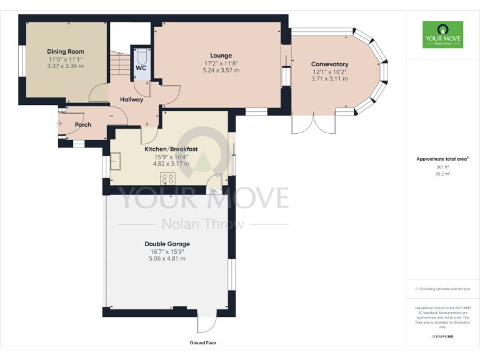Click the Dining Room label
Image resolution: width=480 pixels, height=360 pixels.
(x=66, y=52)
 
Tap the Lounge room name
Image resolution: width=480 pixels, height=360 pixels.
(x=221, y=56)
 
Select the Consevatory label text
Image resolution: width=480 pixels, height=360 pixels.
(x=329, y=64)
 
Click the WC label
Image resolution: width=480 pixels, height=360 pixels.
(x=141, y=67)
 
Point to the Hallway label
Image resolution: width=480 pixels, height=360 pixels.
(x=131, y=99)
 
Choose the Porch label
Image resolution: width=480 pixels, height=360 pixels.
(x=83, y=125)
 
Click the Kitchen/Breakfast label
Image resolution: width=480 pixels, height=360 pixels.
(x=171, y=149)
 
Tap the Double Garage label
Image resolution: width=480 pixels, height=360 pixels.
(x=167, y=244)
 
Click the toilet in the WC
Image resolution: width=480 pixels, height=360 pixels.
(x=140, y=54)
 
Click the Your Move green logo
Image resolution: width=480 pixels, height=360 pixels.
(x=442, y=35)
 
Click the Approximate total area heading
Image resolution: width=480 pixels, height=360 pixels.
(x=441, y=159)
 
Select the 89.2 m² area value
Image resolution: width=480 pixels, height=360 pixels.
(x=442, y=174)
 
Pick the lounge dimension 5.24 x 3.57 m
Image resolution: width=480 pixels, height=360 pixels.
(x=221, y=71)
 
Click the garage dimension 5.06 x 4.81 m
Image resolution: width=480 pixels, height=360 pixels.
(x=167, y=259)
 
